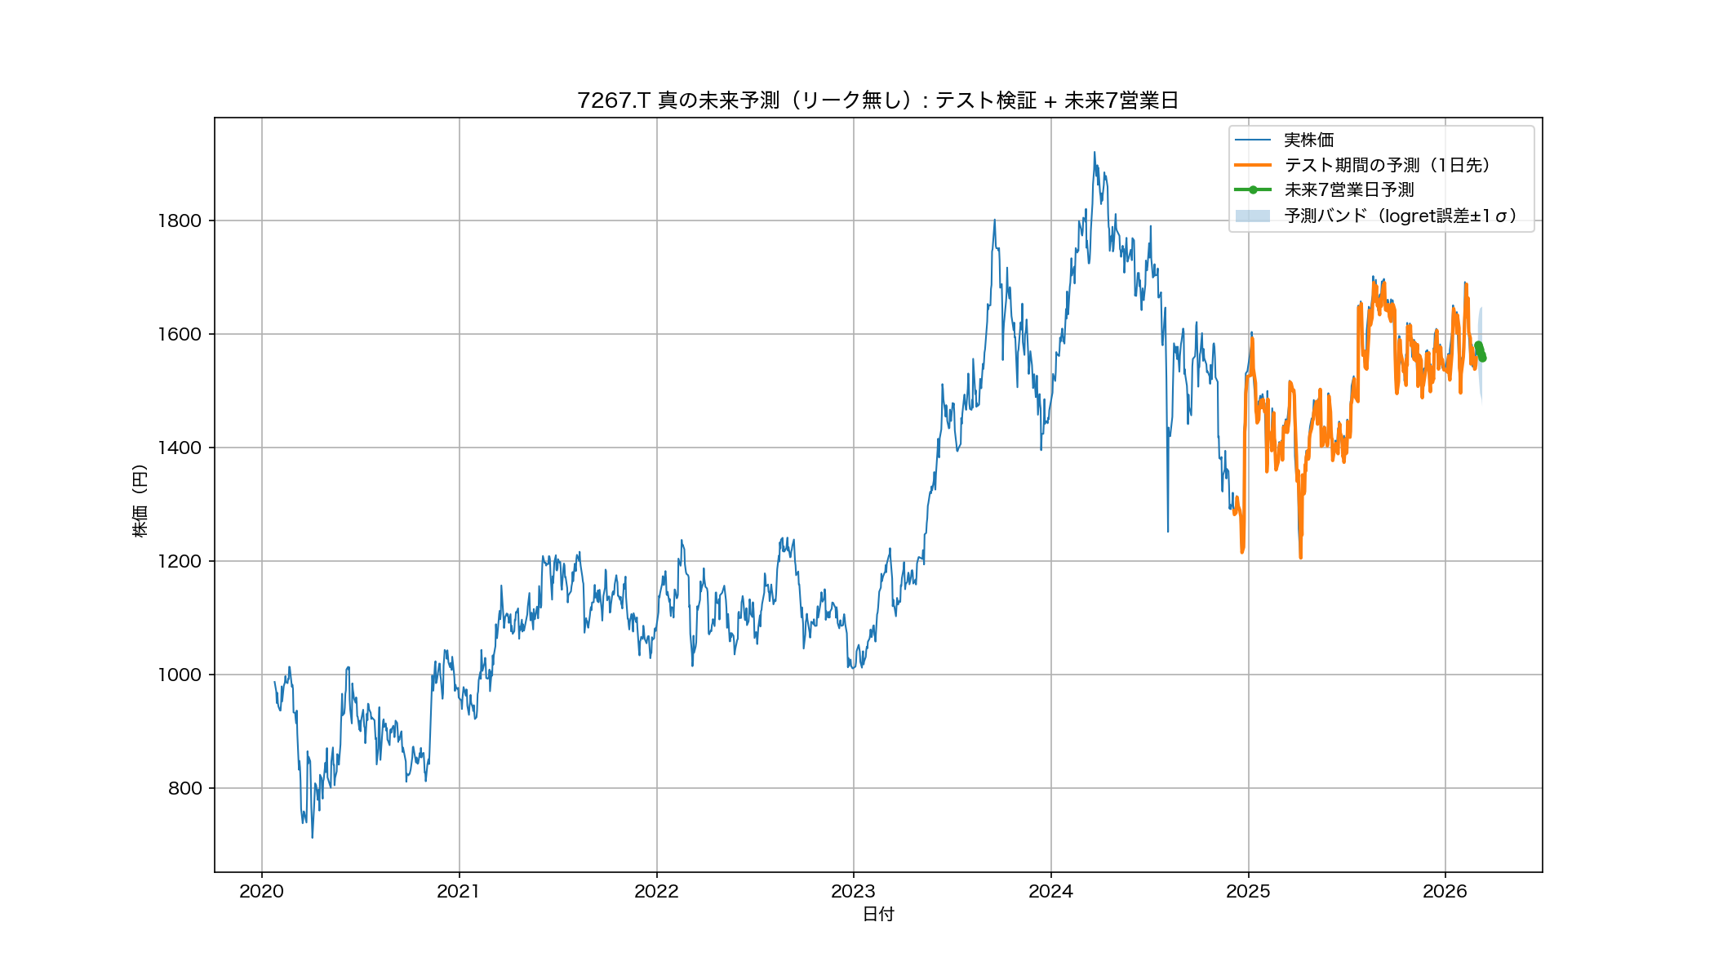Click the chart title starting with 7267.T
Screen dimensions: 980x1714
[x=877, y=100]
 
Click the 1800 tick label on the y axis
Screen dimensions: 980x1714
[x=180, y=220]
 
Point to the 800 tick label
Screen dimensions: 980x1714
[x=184, y=788]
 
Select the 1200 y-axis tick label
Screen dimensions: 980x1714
[x=180, y=561]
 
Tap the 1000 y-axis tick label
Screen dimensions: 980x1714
[x=180, y=675]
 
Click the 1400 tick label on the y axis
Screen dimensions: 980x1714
[x=180, y=448]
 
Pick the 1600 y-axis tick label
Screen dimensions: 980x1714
[x=180, y=334]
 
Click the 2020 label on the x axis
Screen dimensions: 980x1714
[x=261, y=892]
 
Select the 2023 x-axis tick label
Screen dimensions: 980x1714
[x=853, y=892]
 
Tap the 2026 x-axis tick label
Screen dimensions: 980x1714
[x=1445, y=892]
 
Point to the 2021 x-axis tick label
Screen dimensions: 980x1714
[x=459, y=892]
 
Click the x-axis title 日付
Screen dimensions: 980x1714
[x=878, y=915]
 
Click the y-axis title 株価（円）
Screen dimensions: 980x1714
[x=140, y=501]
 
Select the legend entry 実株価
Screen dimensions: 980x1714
[x=1308, y=140]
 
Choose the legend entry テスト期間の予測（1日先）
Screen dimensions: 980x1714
[x=1387, y=165]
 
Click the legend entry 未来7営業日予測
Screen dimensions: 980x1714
[x=1348, y=190]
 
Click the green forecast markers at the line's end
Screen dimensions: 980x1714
[x=1481, y=351]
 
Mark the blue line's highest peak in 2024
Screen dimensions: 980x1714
[x=1095, y=152]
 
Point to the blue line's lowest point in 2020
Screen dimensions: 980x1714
[x=312, y=837]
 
